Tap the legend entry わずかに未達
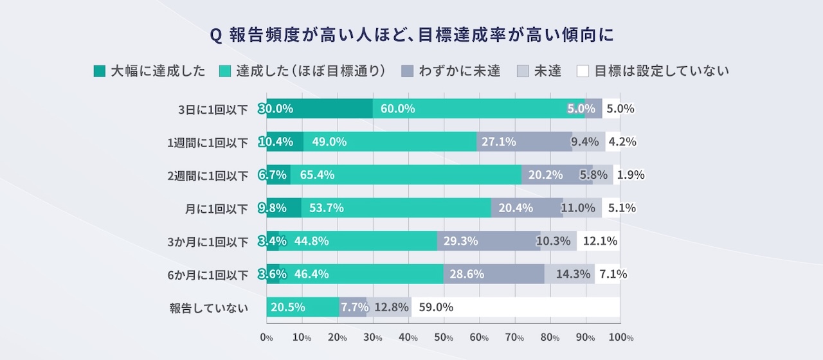(x=450, y=71)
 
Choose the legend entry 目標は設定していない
(x=653, y=71)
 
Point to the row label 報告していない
(x=208, y=308)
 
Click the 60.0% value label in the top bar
(x=397, y=109)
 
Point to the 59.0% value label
(x=436, y=307)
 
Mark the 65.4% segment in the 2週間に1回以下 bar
(x=405, y=175)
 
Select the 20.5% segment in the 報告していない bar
(x=302, y=307)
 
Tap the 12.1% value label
(x=599, y=241)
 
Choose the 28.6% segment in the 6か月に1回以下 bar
(x=494, y=274)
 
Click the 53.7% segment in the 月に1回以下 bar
(x=395, y=208)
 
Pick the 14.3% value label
(x=573, y=274)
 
